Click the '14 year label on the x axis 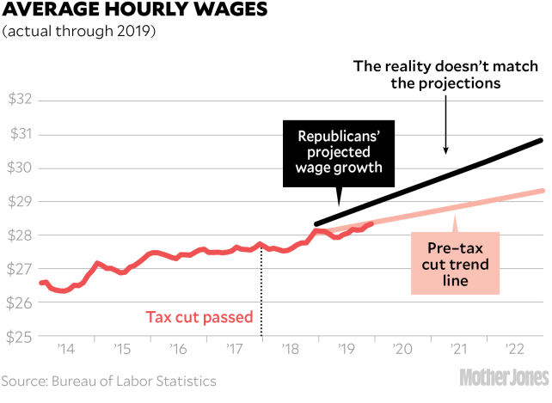click(x=64, y=351)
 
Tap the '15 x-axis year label click(x=121, y=351)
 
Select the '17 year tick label click(x=234, y=351)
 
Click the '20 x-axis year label click(x=402, y=351)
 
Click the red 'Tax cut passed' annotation click(x=199, y=317)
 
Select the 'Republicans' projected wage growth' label click(x=339, y=151)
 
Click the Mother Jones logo click(x=503, y=379)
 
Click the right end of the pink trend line click(x=543, y=191)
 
